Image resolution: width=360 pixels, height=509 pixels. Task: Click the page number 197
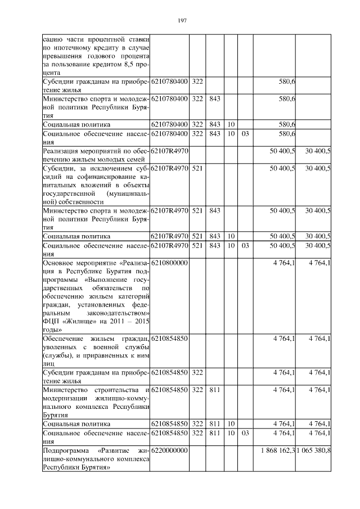(x=182, y=21)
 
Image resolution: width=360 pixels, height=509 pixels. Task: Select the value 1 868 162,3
(x=278, y=451)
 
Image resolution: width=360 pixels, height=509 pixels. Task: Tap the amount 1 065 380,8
(x=313, y=451)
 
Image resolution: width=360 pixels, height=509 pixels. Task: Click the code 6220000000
(x=169, y=451)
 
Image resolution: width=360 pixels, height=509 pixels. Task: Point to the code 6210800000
(x=169, y=263)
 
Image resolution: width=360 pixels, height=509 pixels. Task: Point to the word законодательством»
(x=118, y=312)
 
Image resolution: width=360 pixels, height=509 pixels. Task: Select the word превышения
(x=68, y=57)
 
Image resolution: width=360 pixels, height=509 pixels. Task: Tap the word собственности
(x=80, y=201)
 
